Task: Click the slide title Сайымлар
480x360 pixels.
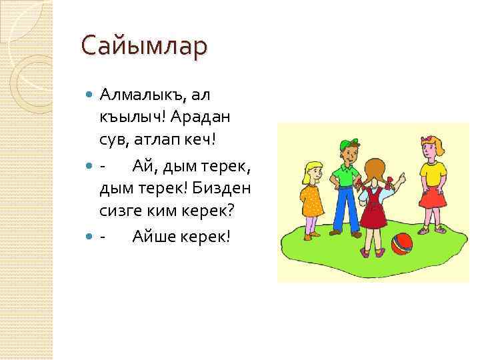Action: [x=144, y=47]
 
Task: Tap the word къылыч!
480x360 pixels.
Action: [x=132, y=118]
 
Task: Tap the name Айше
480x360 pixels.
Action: [x=153, y=235]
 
